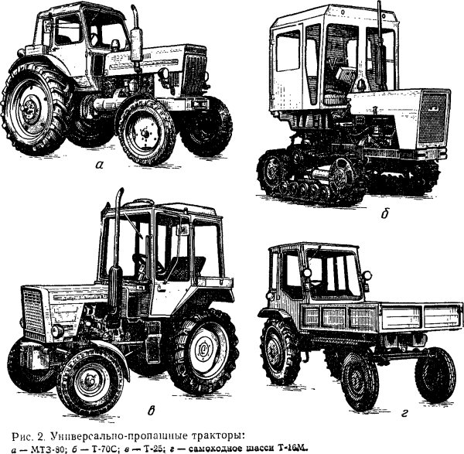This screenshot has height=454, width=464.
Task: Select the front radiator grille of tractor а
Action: [196, 73]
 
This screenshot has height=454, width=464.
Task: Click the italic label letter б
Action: [384, 213]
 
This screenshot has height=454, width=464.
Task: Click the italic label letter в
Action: [151, 411]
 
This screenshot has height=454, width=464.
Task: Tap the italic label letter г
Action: [404, 412]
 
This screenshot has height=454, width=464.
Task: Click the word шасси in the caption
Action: [262, 449]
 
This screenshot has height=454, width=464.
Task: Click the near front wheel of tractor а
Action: [146, 132]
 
